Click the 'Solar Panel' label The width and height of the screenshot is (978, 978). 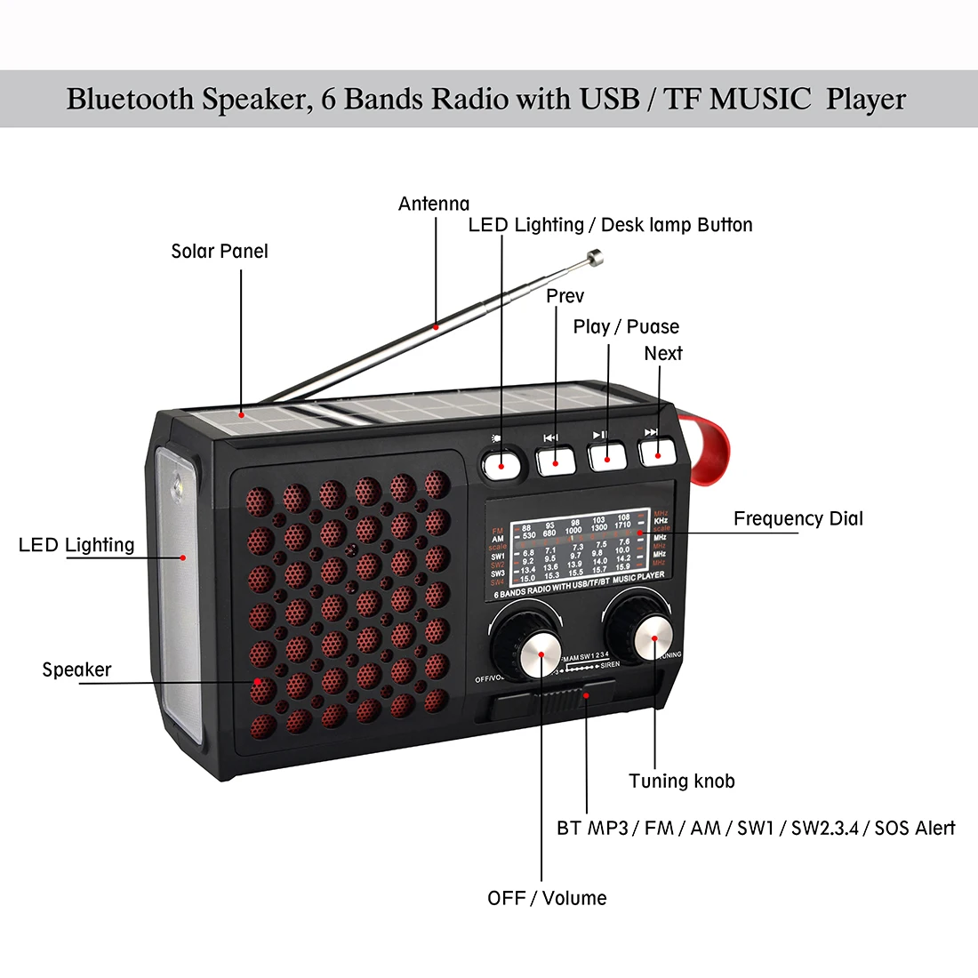[x=219, y=252]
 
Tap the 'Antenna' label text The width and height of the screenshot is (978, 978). [x=434, y=204]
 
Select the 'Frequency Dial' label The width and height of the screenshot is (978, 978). [x=798, y=519]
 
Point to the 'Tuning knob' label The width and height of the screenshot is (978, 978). [x=682, y=782]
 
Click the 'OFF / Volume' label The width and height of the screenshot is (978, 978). [x=547, y=898]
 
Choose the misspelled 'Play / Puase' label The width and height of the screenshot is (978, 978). [x=626, y=327]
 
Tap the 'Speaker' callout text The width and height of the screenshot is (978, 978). [x=76, y=669]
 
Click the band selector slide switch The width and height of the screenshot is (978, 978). [x=587, y=696]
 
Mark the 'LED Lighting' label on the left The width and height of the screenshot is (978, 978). [x=76, y=545]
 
